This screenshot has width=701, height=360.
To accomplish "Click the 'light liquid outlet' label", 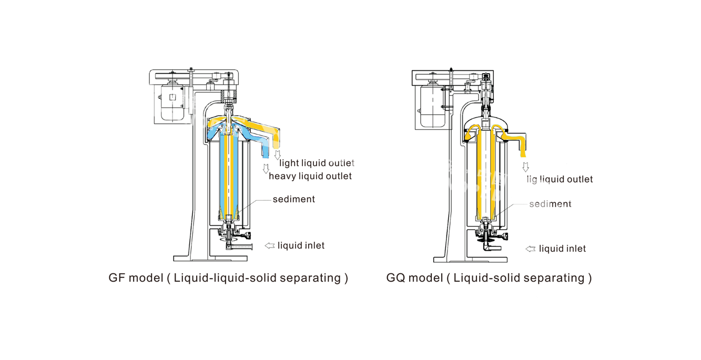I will point(317,163).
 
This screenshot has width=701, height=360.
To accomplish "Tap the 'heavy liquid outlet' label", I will point(310,176).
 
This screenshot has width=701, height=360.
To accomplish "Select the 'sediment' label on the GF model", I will point(293,199).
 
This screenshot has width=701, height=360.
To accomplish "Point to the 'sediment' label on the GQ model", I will point(550,204).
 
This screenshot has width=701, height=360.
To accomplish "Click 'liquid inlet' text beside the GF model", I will point(301,245).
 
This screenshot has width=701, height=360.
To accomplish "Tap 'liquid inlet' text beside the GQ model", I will point(562,249).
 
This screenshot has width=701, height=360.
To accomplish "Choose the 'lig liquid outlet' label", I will point(560,179).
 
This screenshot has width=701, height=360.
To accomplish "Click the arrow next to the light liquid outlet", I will point(277,155).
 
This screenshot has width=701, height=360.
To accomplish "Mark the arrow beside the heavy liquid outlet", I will point(266,169).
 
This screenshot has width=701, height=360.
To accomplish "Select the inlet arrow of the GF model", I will point(270,245).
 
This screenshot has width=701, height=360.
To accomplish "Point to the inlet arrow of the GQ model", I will point(531,249).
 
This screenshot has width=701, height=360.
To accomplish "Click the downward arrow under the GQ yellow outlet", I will point(525,167).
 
